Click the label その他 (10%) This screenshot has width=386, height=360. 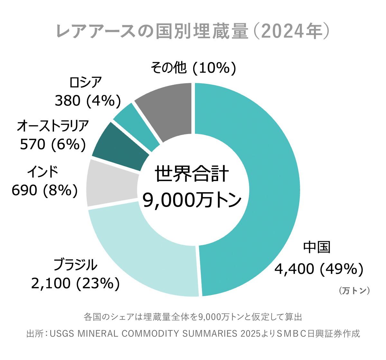point(193,68)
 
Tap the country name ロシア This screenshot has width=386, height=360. point(86,83)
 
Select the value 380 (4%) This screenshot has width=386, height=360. point(88,101)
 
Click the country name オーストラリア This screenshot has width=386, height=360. point(53,126)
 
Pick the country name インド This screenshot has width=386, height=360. point(42,172)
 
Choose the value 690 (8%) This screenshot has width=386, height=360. point(45,190)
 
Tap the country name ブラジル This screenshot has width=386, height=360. point(76,265)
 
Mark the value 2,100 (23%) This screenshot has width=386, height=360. point(76,283)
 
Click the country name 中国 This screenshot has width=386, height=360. point(317,247)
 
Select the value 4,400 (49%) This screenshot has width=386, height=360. point(319,269)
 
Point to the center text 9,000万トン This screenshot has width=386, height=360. point(192,200)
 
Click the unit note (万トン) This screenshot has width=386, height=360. point(354,291)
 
